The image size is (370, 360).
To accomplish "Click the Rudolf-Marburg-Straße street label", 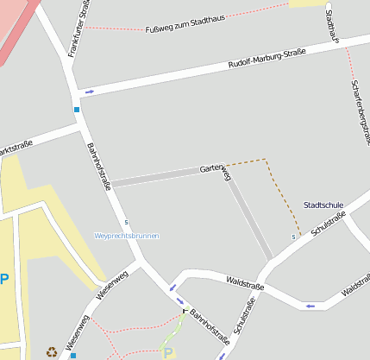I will (x=267, y=57).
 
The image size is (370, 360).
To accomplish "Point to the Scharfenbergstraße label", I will (x=361, y=107).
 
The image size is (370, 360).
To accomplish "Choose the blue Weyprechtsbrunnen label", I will (x=127, y=235).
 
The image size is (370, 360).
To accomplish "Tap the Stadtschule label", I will (x=323, y=205).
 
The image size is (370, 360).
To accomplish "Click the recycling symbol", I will (x=52, y=351).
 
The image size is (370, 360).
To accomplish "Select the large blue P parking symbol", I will (x=4, y=280).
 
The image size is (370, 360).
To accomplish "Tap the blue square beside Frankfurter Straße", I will (x=77, y=110).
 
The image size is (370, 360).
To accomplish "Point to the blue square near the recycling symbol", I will (x=73, y=355).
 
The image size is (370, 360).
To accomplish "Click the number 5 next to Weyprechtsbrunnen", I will (x=126, y=221).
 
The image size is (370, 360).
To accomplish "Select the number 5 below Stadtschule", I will (x=294, y=237).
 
